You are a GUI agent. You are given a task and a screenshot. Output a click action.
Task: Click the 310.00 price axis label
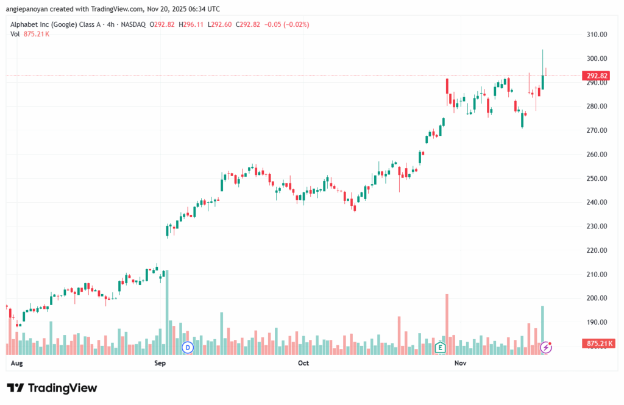(x=595, y=35)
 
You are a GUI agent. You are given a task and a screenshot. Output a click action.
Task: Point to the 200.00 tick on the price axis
(x=595, y=298)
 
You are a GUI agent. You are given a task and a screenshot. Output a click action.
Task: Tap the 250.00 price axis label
(x=595, y=178)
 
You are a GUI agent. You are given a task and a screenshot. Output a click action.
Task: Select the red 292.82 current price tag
(x=596, y=76)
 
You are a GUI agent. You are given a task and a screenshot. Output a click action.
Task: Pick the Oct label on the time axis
(x=303, y=363)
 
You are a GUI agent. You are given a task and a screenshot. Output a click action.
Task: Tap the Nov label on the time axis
(x=460, y=363)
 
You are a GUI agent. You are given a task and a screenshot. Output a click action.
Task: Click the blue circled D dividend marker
(x=188, y=347)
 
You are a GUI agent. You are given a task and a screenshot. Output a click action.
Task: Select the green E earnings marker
(x=440, y=347)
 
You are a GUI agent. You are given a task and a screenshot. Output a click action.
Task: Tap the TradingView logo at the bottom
(x=52, y=388)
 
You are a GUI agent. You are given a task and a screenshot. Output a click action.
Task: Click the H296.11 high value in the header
(x=197, y=24)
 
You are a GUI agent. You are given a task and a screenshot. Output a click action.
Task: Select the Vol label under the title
(x=15, y=33)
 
